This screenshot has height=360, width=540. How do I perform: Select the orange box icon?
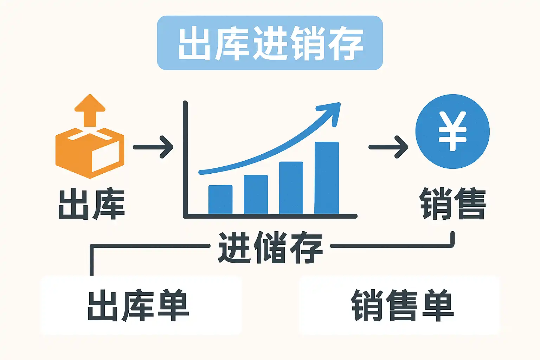pos(90,153)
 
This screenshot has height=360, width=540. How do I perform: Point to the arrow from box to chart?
pos(153,147)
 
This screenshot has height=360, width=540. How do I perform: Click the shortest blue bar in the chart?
pos(220,199)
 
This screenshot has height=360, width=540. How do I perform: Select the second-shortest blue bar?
pos(256,194)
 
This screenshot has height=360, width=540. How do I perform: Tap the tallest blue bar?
pos(327,178)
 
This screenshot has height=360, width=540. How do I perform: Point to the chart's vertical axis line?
pos(185,158)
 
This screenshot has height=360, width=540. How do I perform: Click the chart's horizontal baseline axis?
pos(271,216)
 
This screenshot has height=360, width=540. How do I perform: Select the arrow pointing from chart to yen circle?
pos(388,147)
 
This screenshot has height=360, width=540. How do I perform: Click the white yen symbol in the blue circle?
pos(452,131)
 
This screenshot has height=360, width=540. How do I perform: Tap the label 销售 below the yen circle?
pos(453,204)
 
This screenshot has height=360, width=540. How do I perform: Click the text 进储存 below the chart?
pos(270,247)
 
